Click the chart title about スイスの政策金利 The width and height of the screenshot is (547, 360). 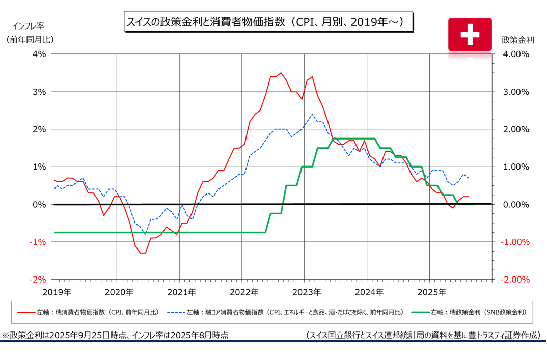tap(267, 22)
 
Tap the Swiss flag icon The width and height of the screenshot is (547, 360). tap(470, 34)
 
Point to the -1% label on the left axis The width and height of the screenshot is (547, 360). tap(39, 242)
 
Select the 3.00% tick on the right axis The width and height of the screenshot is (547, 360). tap(516, 92)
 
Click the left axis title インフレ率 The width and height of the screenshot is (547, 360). tap(31, 25)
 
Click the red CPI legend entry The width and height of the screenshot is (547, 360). tap(89, 312)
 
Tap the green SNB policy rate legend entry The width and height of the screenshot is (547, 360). tap(472, 312)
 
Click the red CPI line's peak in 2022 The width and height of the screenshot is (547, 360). tap(281, 73)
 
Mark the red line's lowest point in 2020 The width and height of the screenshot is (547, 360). tap(143, 253)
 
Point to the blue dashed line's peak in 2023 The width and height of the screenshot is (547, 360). tap(312, 114)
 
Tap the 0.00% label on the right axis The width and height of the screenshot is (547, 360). tap(516, 204)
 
